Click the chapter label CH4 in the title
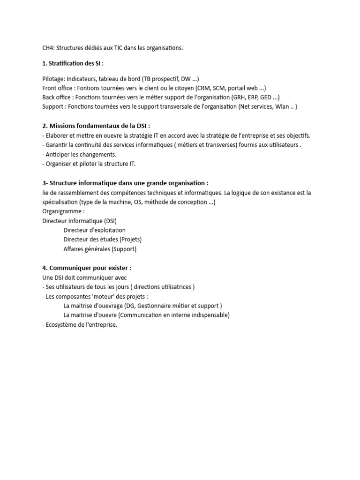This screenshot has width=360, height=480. point(48,48)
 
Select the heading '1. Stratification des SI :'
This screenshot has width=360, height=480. point(73,63)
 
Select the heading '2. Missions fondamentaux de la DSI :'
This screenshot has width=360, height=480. point(96,126)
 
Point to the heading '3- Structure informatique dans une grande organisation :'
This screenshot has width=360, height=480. point(125,183)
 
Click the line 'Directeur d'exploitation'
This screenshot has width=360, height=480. point(94,230)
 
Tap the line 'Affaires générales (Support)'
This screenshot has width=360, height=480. point(100,249)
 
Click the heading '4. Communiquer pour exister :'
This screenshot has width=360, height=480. point(87,268)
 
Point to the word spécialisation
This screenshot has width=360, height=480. point(60,202)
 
